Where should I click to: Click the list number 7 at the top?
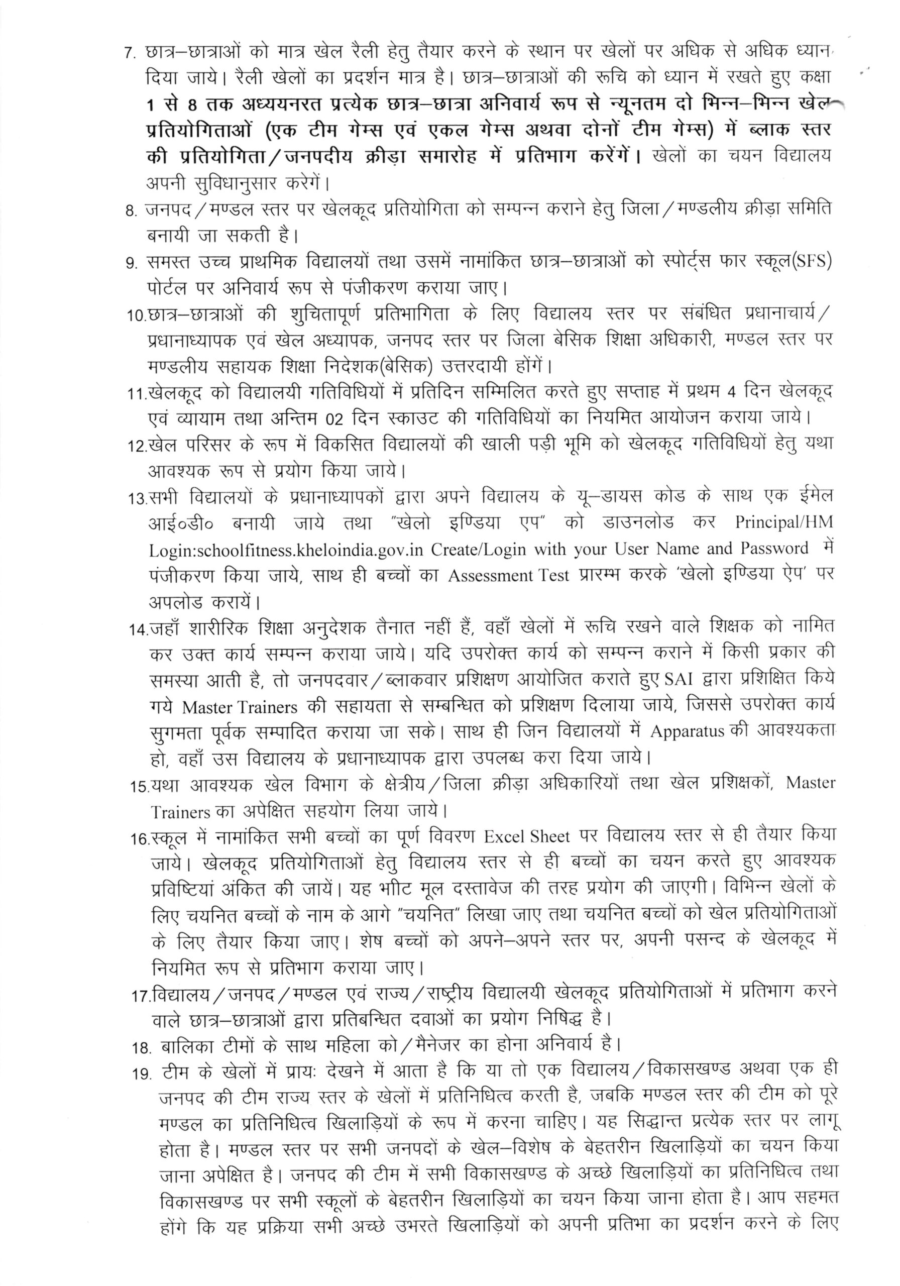[x=131, y=54]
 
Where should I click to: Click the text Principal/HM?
[x=784, y=522]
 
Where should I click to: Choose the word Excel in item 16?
[x=503, y=838]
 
